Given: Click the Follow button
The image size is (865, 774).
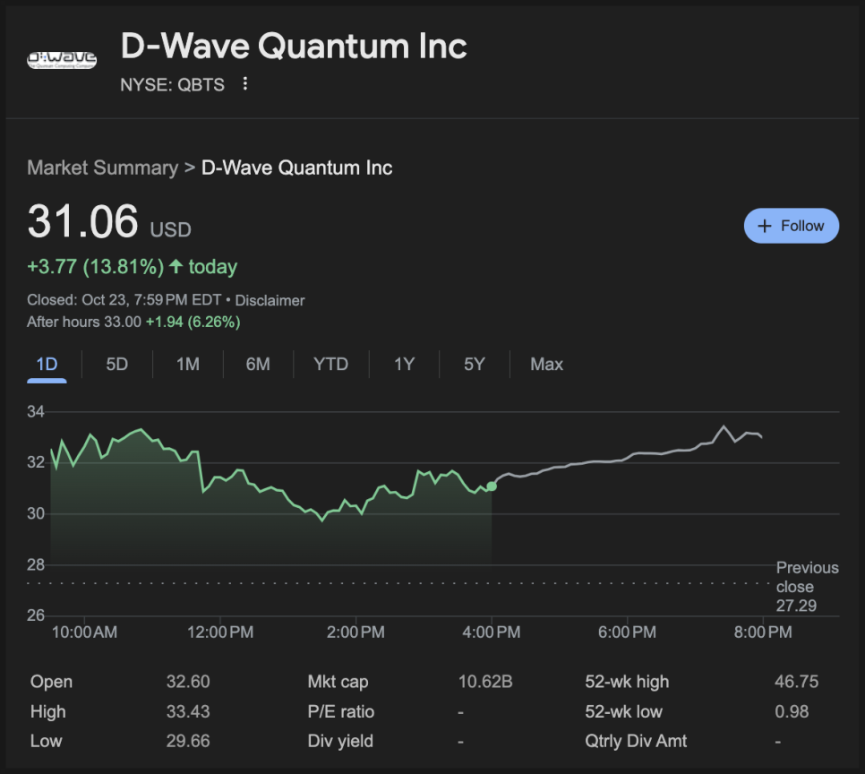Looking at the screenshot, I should pos(791,226).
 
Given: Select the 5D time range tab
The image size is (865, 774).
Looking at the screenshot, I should pos(116,364).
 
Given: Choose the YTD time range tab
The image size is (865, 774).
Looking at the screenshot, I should pos(330,364).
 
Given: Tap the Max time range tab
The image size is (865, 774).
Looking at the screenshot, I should pos(546,364).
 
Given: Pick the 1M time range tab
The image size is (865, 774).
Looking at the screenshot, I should pos(187,364).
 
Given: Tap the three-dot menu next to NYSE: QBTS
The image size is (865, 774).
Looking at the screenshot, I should pos(245,84).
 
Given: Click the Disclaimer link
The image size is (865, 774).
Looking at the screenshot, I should pos(270,300).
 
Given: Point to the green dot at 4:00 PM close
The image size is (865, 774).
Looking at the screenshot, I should pos(492,486).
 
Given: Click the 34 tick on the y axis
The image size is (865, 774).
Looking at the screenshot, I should pos(37,412).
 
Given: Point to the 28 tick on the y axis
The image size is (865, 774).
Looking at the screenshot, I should pos(37,564).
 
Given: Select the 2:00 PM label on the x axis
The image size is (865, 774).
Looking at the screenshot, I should pos(356,632).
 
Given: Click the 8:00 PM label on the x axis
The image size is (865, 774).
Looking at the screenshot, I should pos(763,632).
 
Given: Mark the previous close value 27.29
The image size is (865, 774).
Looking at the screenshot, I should pos(797,606).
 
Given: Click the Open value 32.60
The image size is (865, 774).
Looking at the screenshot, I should pos(188,682).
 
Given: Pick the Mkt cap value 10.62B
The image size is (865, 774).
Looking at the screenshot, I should pos(485,682).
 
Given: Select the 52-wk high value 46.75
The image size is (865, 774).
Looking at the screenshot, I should pos(796,682).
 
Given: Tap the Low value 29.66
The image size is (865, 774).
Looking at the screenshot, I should pos(188,741).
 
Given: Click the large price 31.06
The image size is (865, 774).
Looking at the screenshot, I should pos(83,222).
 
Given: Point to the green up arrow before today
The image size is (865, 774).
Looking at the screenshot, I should pos(176,266).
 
